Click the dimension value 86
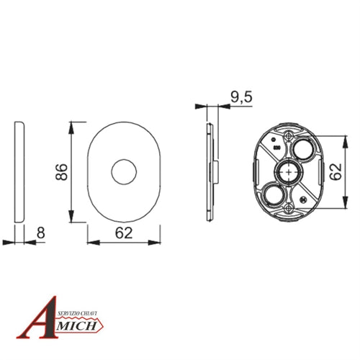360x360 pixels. (61, 172)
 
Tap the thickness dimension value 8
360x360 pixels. (40, 233)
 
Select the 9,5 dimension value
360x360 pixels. (241, 97)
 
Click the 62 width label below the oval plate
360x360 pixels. (124, 233)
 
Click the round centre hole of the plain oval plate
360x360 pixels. (124, 172)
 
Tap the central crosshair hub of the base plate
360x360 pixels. (289, 172)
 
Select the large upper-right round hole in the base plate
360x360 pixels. (303, 149)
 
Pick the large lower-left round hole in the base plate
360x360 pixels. (274, 194)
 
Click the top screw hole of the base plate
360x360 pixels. (289, 136)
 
